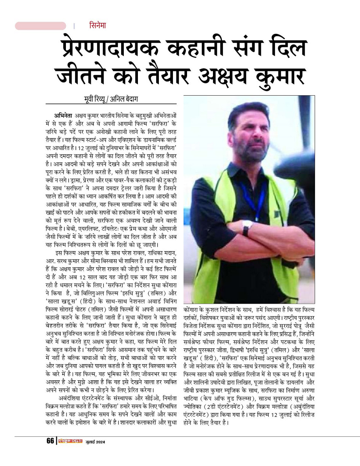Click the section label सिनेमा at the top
[x=98, y=26]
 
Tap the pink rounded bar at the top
[x=40, y=26]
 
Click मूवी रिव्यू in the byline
[x=95, y=99]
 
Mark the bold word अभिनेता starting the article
[x=63, y=115]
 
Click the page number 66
[x=50, y=441]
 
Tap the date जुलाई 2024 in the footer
[x=95, y=442]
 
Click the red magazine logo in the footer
[x=70, y=442]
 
